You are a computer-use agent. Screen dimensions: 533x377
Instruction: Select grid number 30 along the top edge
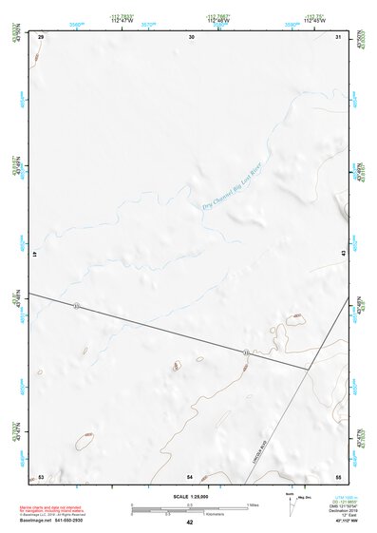[x=191, y=36]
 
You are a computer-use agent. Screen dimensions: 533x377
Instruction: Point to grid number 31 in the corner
[x=339, y=36]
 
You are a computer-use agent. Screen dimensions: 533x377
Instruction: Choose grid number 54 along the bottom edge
[x=190, y=476]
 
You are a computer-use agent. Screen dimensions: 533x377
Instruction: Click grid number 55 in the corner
[x=338, y=476]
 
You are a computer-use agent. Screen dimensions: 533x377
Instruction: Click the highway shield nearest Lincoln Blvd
[x=246, y=352]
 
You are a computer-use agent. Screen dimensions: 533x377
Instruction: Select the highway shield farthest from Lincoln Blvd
[x=76, y=305]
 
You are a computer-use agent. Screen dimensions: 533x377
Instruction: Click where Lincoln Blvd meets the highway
[x=310, y=370]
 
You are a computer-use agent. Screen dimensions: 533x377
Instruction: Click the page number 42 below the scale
[x=190, y=523]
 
